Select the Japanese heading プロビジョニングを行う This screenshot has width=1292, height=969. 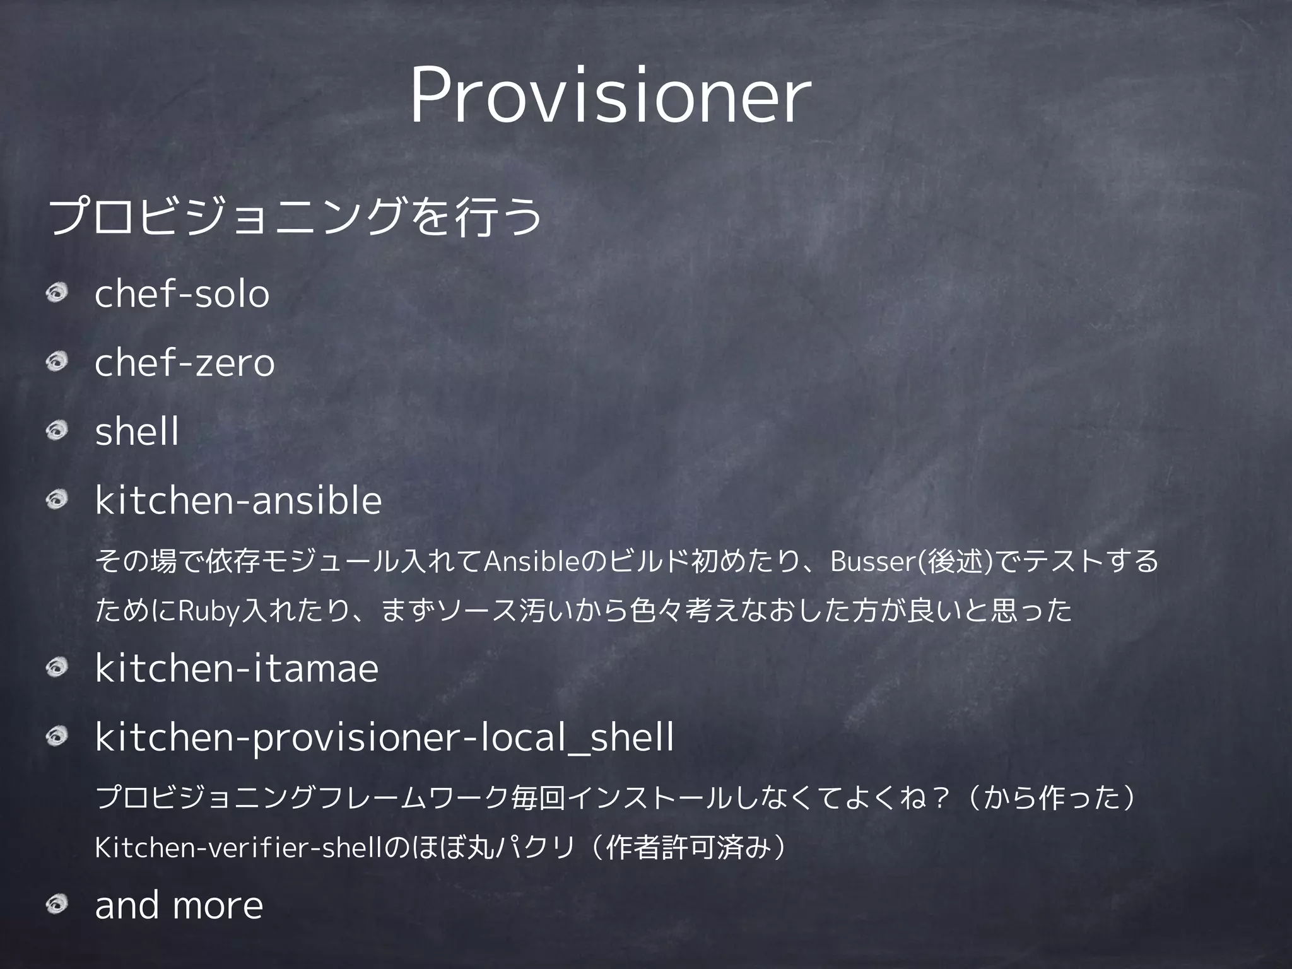coord(295,216)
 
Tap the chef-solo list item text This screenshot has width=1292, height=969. coord(182,294)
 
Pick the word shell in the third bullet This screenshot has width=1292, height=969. coord(137,432)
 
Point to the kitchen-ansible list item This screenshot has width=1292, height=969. coord(238,501)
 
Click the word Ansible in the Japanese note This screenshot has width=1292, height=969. coord(530,561)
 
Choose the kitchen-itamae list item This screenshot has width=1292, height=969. coord(237,669)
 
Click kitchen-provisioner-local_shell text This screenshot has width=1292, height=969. coord(384,737)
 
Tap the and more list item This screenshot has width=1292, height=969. coord(179,905)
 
